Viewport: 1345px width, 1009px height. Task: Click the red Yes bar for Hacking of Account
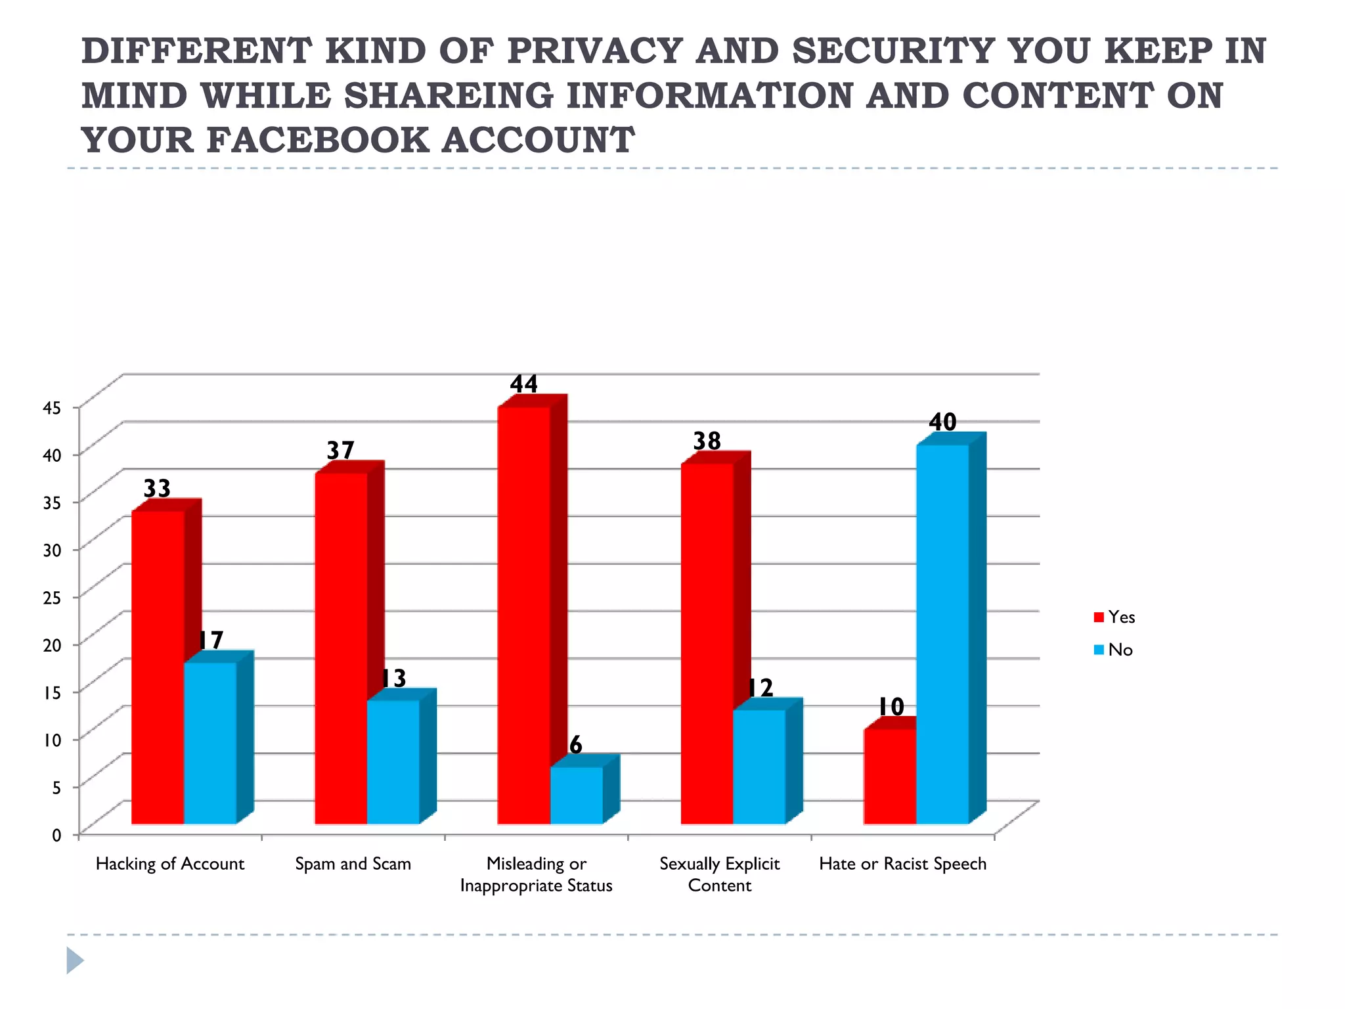[158, 667]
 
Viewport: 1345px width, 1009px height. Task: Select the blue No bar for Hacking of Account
[210, 742]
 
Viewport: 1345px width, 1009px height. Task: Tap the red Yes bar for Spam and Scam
[341, 647]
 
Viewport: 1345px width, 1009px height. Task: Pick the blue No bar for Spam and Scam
[393, 762]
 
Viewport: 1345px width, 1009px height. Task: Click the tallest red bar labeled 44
[523, 614]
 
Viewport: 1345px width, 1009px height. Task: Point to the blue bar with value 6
[576, 795]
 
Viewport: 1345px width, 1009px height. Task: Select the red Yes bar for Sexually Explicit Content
[707, 644]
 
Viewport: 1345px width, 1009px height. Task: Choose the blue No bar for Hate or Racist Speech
[942, 634]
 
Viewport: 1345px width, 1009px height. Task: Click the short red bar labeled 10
[890, 775]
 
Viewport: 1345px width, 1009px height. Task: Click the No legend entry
[1114, 650]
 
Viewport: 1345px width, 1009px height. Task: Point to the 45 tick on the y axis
[52, 407]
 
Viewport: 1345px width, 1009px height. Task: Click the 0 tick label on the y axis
[56, 835]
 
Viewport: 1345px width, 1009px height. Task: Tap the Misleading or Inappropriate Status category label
[537, 874]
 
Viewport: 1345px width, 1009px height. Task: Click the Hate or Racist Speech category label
[902, 864]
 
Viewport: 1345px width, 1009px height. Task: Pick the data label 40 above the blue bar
[942, 422]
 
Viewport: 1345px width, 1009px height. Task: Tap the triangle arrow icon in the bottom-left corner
[75, 960]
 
